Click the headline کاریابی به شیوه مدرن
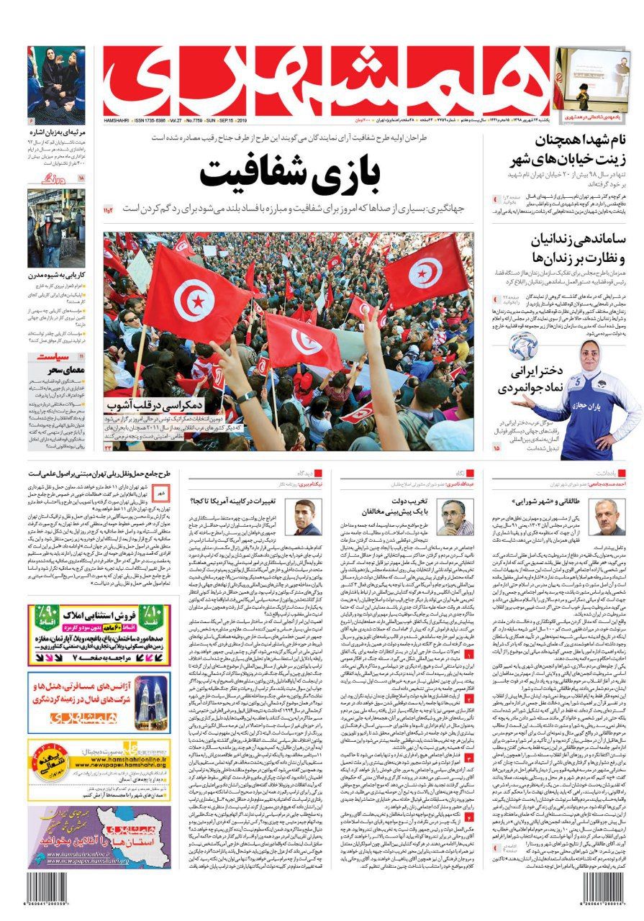click(x=57, y=274)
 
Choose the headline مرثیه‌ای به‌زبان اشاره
click(x=57, y=133)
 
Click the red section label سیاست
click(x=47, y=357)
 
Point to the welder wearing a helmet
click(x=54, y=216)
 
